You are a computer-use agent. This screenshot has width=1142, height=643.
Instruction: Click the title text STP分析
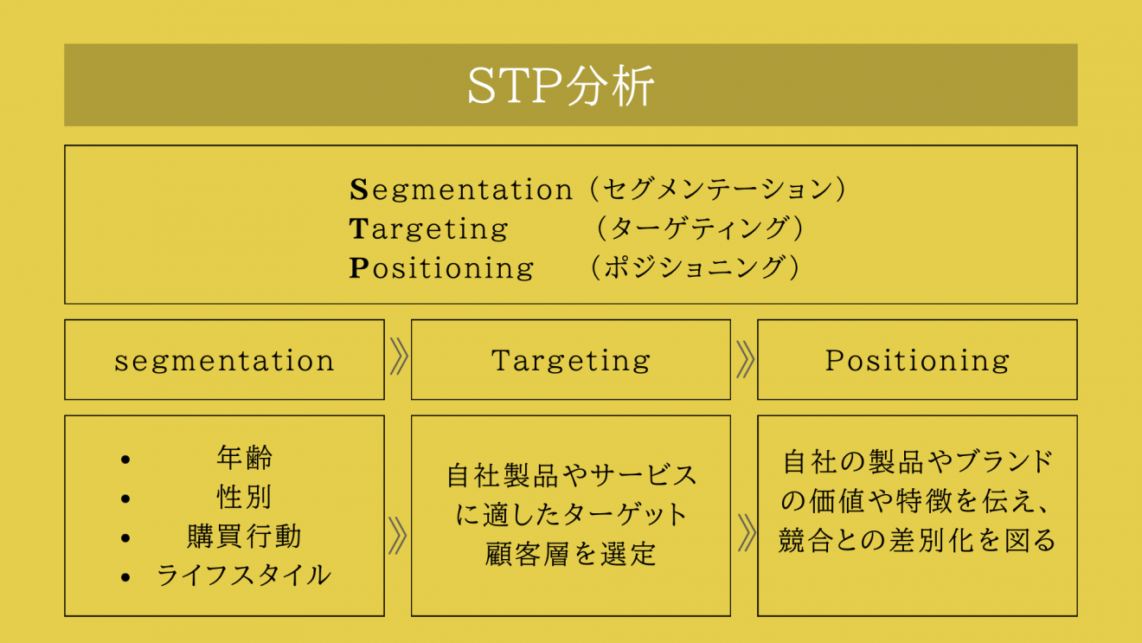pyautogui.click(x=561, y=85)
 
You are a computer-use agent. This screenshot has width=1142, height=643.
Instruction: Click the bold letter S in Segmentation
pyautogui.click(x=359, y=190)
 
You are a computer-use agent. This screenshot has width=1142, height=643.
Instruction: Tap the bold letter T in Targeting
pyautogui.click(x=359, y=228)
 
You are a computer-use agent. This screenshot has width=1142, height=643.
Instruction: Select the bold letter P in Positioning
pyautogui.click(x=359, y=267)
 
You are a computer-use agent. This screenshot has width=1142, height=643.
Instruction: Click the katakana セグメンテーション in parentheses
pyautogui.click(x=718, y=190)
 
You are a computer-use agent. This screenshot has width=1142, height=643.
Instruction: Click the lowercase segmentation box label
pyautogui.click(x=224, y=361)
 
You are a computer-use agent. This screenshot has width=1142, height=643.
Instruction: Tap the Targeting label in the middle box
pyautogui.click(x=570, y=361)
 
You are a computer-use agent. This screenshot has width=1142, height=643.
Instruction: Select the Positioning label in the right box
pyautogui.click(x=917, y=361)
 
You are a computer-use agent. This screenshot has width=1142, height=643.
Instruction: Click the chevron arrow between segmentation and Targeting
pyautogui.click(x=398, y=357)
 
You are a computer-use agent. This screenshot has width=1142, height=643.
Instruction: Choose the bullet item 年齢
pyautogui.click(x=245, y=458)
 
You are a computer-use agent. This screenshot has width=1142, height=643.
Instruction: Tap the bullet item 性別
pyautogui.click(x=245, y=497)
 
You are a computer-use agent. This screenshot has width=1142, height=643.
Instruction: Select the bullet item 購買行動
pyautogui.click(x=245, y=536)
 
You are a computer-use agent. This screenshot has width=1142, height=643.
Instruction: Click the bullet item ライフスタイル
pyautogui.click(x=244, y=575)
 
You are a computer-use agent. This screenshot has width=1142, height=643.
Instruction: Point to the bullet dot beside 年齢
pyautogui.click(x=125, y=460)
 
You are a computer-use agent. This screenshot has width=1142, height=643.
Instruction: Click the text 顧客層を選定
pyautogui.click(x=570, y=554)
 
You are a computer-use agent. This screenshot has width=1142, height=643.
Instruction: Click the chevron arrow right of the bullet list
pyautogui.click(x=397, y=536)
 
